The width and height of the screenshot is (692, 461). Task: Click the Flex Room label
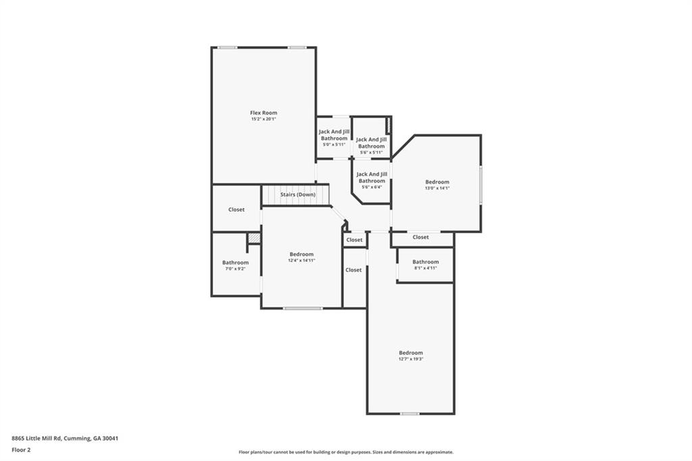(x=264, y=113)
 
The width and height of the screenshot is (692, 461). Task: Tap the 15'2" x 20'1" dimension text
(x=264, y=119)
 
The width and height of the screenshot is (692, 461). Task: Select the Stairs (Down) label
(x=297, y=195)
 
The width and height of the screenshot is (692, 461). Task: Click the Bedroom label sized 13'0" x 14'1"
(x=437, y=182)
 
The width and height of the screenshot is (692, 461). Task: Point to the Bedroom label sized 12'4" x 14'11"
(x=301, y=254)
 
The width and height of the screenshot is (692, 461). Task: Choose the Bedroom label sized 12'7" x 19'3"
(x=410, y=353)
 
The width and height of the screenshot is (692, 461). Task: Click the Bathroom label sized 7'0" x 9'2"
(x=235, y=262)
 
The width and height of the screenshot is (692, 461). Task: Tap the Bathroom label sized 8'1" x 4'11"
(x=425, y=262)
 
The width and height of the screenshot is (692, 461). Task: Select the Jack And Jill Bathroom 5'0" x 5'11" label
(x=334, y=135)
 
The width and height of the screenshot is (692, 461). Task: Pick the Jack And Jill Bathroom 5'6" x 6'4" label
(x=371, y=177)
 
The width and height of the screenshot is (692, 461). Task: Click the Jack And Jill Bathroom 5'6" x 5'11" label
(x=371, y=143)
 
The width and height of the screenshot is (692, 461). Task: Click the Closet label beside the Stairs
(x=236, y=210)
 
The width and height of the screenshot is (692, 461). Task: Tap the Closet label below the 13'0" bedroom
(x=420, y=237)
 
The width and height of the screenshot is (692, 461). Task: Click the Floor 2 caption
(x=21, y=449)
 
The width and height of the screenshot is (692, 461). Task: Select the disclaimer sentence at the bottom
(x=345, y=452)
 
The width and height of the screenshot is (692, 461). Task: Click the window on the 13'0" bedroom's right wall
(x=480, y=185)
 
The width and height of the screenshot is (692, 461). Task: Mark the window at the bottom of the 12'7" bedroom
(x=410, y=413)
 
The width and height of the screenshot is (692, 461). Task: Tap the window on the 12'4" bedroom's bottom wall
(x=302, y=308)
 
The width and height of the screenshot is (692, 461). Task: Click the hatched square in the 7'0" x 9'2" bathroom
(x=253, y=238)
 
